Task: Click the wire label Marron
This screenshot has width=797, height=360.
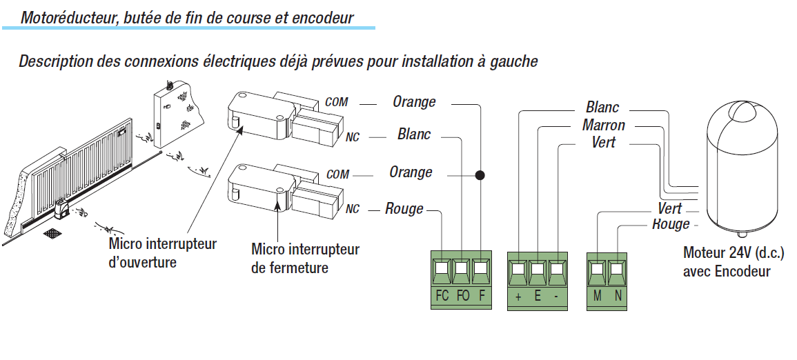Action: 604,126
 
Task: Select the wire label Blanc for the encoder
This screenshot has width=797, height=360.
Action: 602,108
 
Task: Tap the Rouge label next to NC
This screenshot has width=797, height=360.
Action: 404,209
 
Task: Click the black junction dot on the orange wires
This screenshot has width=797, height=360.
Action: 480,176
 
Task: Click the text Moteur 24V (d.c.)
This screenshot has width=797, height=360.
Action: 734,252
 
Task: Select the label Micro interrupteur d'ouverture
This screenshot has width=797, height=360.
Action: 163,253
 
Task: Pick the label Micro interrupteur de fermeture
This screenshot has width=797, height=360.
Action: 305,257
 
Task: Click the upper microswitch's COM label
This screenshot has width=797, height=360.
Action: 337,102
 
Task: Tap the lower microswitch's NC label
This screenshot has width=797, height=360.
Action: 352,210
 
